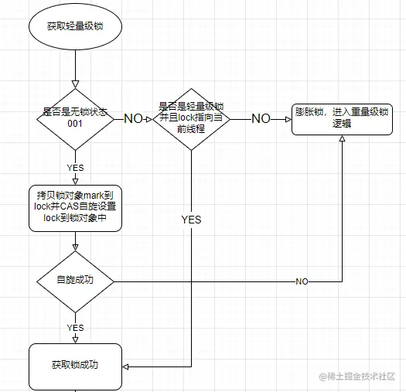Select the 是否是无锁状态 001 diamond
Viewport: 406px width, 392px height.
[76, 118]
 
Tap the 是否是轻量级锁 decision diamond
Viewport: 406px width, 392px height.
[190, 118]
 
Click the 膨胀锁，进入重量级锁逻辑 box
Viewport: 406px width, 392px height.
[341, 118]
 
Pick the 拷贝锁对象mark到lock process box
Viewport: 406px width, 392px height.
[75, 207]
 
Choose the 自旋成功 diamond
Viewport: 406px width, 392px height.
[75, 281]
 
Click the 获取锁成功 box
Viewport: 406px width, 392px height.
[75, 366]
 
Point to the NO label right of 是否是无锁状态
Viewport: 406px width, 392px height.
[134, 118]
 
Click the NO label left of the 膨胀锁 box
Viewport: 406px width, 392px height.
[261, 118]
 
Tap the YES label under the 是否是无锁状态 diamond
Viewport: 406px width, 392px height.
[75, 167]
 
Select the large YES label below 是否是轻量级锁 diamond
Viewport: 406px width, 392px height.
[191, 220]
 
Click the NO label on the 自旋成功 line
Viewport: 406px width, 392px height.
[302, 281]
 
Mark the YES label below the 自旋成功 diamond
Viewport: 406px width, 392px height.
[75, 328]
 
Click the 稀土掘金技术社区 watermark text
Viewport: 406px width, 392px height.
[359, 376]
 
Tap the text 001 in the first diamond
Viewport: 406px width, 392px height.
[75, 124]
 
